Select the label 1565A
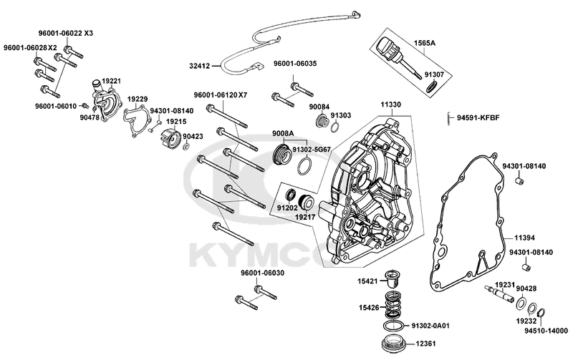coord(424,44)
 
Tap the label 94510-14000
coord(544,331)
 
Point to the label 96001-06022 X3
coord(66,34)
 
